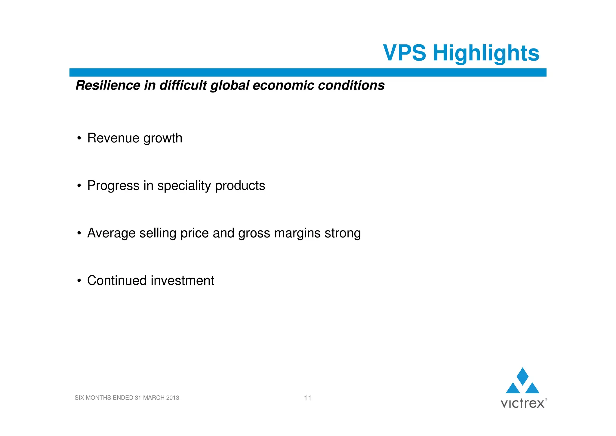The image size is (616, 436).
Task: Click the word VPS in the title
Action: (x=404, y=53)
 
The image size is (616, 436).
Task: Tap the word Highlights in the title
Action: (x=486, y=53)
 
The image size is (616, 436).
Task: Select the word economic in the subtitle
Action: (x=284, y=85)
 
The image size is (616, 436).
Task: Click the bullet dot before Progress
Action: (x=79, y=186)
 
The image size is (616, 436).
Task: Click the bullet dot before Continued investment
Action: (x=79, y=281)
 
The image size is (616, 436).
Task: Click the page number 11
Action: (x=307, y=398)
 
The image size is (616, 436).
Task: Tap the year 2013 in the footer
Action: (x=172, y=398)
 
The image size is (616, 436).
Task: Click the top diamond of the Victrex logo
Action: (x=522, y=376)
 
